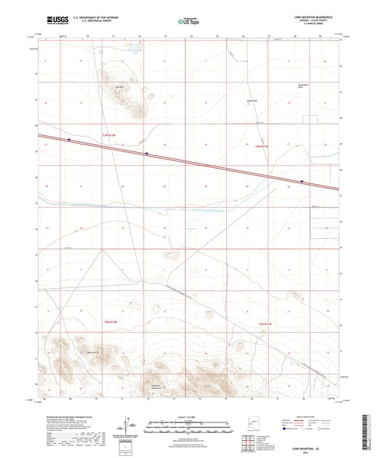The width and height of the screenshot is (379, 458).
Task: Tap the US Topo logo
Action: click(x=187, y=22)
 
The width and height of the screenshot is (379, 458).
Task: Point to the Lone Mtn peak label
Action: click(x=110, y=87)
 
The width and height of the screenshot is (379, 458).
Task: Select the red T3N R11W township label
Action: click(x=262, y=146)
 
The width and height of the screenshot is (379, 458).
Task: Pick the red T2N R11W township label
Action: click(x=265, y=324)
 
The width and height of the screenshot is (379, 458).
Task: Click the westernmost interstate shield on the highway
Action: click(x=69, y=140)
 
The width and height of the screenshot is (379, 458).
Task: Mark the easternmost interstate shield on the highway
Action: click(x=301, y=181)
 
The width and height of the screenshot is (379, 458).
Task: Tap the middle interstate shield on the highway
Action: click(x=146, y=153)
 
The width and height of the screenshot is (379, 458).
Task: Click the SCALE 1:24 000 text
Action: click(x=189, y=417)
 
